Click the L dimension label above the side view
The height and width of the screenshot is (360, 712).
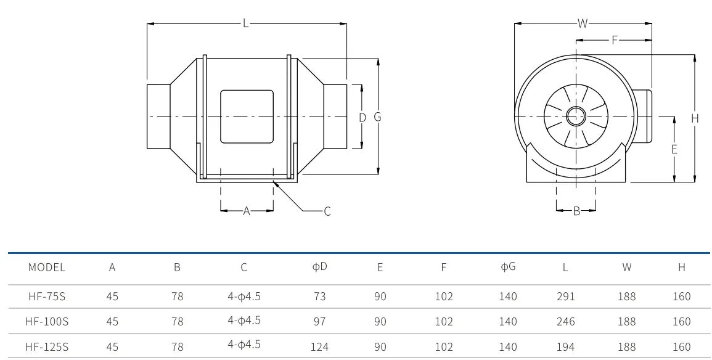(x=246, y=23)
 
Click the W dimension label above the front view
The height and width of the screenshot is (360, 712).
(x=583, y=23)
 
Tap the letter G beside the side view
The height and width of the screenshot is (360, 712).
(x=377, y=117)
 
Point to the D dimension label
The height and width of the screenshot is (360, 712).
(x=362, y=118)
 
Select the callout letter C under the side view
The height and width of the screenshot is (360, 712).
(x=327, y=211)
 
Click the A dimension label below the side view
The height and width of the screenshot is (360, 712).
(x=247, y=211)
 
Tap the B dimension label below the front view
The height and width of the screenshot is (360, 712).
(x=576, y=211)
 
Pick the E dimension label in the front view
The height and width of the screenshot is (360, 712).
(x=674, y=149)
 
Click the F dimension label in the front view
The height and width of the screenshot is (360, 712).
(x=615, y=41)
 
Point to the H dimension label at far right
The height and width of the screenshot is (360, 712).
(x=695, y=118)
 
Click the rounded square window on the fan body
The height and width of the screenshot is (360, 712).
(x=247, y=117)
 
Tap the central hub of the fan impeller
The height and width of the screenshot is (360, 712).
(x=576, y=117)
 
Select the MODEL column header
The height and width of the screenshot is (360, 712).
(x=47, y=268)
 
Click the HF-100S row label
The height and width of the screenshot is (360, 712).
(x=47, y=321)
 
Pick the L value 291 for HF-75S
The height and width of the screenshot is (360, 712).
(x=565, y=297)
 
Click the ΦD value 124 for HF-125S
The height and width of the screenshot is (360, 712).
(x=320, y=347)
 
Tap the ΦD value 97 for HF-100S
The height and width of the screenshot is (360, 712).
(x=320, y=321)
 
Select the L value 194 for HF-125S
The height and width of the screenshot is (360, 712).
(x=565, y=347)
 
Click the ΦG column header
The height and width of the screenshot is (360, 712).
(x=508, y=266)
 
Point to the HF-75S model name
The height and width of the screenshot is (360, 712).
(x=47, y=297)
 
